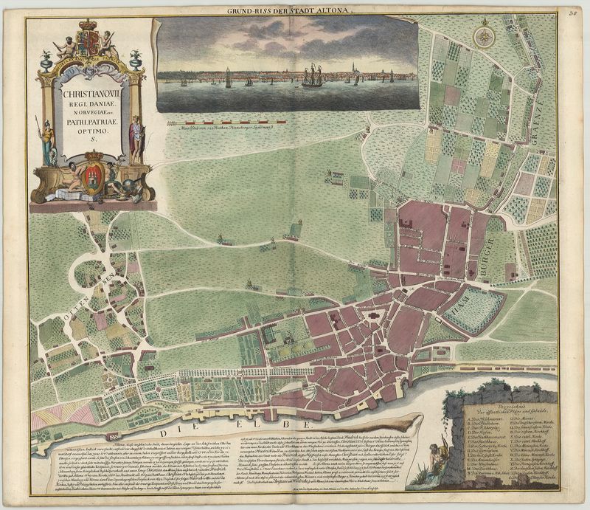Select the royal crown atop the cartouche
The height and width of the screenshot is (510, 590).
point(88,33)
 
